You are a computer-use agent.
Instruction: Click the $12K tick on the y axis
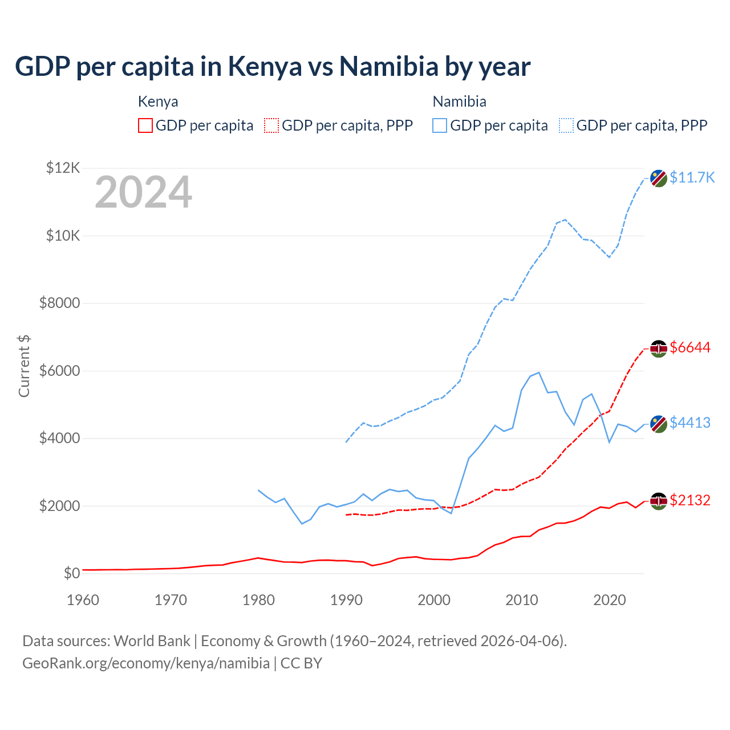pos(63,168)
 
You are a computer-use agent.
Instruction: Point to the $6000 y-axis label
pos(59,371)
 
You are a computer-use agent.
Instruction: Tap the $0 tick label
pos(71,573)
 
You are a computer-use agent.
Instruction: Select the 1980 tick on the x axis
pos(258,600)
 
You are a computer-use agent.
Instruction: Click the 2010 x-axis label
pos(522,600)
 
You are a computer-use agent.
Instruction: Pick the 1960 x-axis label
pos(83,600)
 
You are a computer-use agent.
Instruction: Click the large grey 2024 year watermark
pos(143,192)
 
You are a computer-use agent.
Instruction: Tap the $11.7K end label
pos(692,177)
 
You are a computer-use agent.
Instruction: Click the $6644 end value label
pos(690,347)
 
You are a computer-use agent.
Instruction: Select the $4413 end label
pos(690,423)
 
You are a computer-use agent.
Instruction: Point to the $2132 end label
pos(690,500)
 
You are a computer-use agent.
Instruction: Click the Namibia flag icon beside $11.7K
pos(659,178)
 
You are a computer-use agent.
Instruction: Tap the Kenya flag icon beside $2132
pos(659,501)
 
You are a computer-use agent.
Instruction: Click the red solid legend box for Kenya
pos(145,125)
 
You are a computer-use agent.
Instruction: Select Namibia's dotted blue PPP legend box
pos(566,125)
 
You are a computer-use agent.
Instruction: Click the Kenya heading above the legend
pos(158,102)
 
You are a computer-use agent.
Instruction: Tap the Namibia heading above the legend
pos(459,102)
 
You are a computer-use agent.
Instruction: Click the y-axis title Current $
pos(24,366)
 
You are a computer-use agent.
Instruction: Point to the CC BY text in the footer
pos(301,663)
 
